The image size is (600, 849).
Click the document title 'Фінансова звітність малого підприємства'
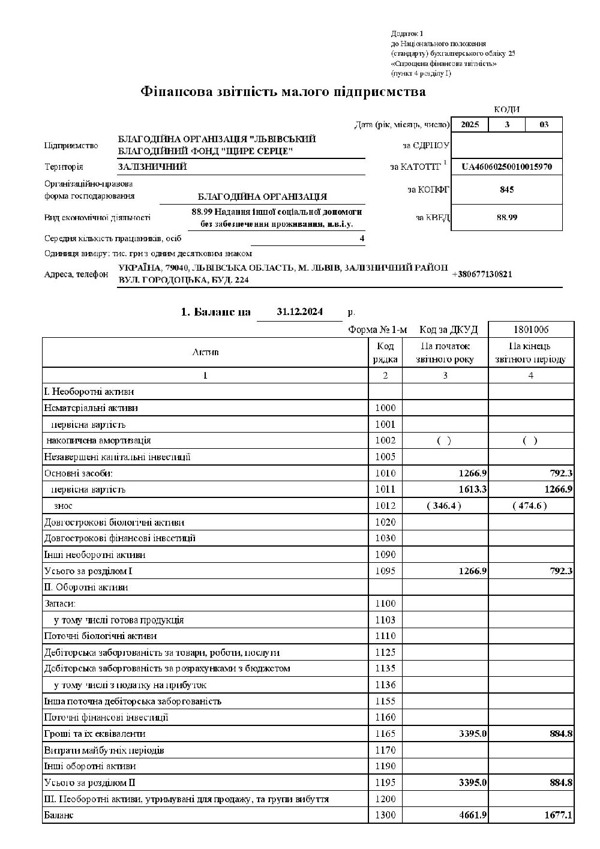pyautogui.click(x=283, y=92)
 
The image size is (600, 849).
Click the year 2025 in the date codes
pyautogui.click(x=470, y=125)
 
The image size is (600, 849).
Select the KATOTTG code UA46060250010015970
pyautogui.click(x=506, y=166)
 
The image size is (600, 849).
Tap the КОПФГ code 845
pyautogui.click(x=506, y=190)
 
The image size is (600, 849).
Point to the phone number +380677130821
pyautogui.click(x=482, y=274)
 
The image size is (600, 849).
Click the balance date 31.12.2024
pyautogui.click(x=300, y=312)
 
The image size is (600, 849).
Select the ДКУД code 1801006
pyautogui.click(x=531, y=329)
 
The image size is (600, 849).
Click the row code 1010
pyautogui.click(x=385, y=473)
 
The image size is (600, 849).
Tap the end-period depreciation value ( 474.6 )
pyautogui.click(x=530, y=506)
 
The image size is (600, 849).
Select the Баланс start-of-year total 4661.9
pyautogui.click(x=473, y=815)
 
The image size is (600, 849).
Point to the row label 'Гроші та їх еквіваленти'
pyautogui.click(x=95, y=734)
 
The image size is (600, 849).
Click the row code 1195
pyautogui.click(x=385, y=782)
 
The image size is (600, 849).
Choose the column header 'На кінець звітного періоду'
pyautogui.click(x=530, y=353)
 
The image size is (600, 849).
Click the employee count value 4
pyautogui.click(x=362, y=238)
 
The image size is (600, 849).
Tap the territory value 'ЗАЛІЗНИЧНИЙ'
pyautogui.click(x=152, y=167)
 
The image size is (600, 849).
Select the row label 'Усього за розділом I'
pyautogui.click(x=88, y=571)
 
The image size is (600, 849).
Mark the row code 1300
pyautogui.click(x=385, y=815)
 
